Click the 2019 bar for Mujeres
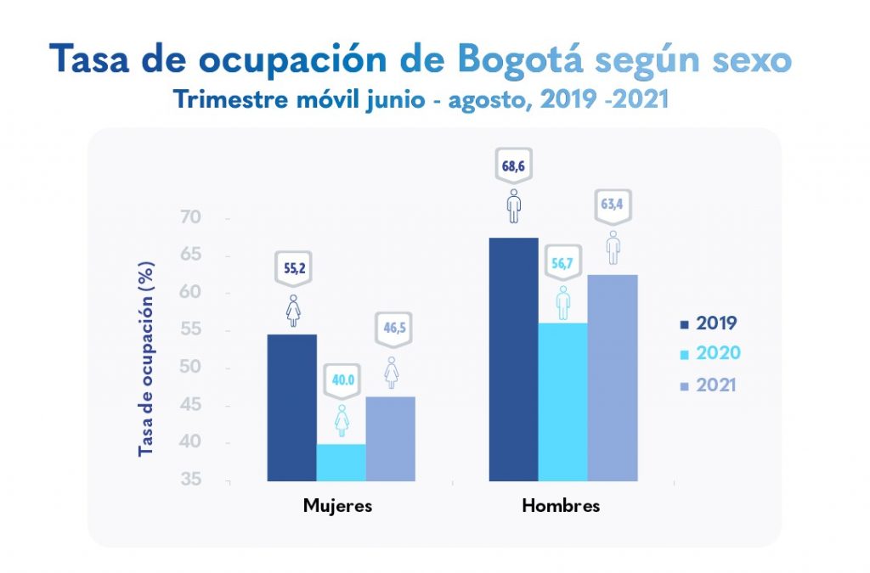[x=291, y=407]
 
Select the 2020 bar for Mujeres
[x=341, y=462]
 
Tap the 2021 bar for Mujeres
[x=391, y=438]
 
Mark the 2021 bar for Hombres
[x=612, y=378]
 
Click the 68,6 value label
[x=513, y=166]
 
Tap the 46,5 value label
[x=391, y=327]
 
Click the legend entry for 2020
[x=709, y=354]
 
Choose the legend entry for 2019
[x=709, y=323]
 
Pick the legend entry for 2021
[x=709, y=385]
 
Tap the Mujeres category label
[x=337, y=507]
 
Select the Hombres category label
[x=561, y=507]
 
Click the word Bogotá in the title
[x=519, y=60]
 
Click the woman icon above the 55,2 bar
[x=292, y=311]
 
